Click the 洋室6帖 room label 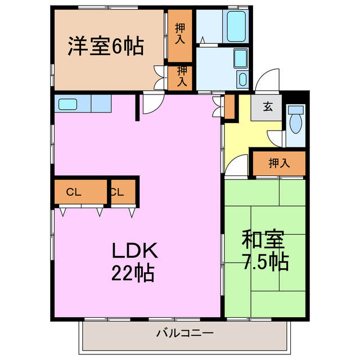(106, 46)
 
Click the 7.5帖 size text (265, 262)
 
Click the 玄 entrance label (268, 107)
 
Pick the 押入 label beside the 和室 (279, 164)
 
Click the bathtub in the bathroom (236, 26)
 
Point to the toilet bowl (296, 119)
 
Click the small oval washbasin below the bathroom (242, 79)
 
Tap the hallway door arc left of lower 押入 (238, 164)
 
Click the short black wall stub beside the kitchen (138, 108)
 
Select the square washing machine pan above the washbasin (240, 58)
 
